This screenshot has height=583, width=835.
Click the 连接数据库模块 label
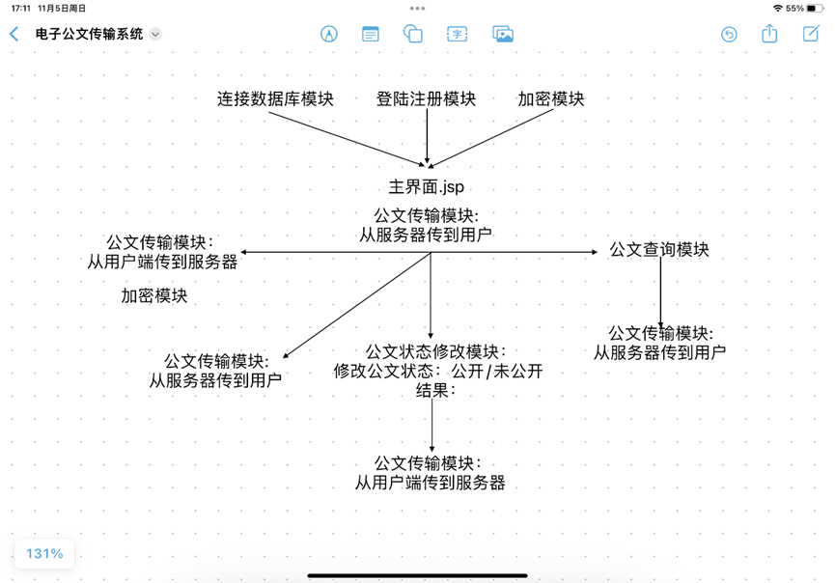275,99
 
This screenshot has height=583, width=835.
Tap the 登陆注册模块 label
426,99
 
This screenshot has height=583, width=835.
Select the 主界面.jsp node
419,187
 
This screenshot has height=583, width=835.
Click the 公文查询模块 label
659,250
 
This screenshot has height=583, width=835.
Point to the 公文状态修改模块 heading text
435,351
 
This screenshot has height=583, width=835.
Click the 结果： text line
435,391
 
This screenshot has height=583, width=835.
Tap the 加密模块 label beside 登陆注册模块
550,99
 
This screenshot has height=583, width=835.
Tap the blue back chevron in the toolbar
14,34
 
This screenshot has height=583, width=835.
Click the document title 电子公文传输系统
89,34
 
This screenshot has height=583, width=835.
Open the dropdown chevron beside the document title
155,34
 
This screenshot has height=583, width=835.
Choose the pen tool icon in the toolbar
329,34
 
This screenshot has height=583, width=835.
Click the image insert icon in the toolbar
503,34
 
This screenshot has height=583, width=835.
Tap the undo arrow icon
729,34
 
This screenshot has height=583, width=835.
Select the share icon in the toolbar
769,34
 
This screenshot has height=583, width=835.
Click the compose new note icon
811,34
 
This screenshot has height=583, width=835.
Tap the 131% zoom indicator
44,554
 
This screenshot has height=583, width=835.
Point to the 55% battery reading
794,8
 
